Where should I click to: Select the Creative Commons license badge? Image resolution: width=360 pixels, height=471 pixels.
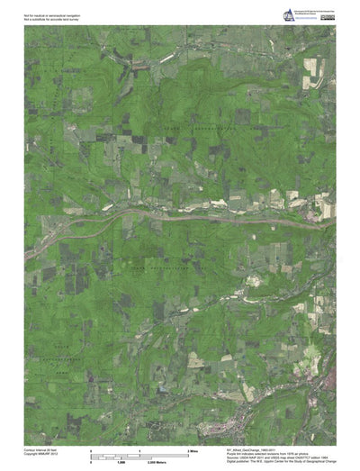click(x=326, y=8)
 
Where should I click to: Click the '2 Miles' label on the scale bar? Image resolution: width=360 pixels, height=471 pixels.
click(x=191, y=448)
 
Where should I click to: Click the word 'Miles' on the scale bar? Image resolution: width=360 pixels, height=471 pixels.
click(x=193, y=448)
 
